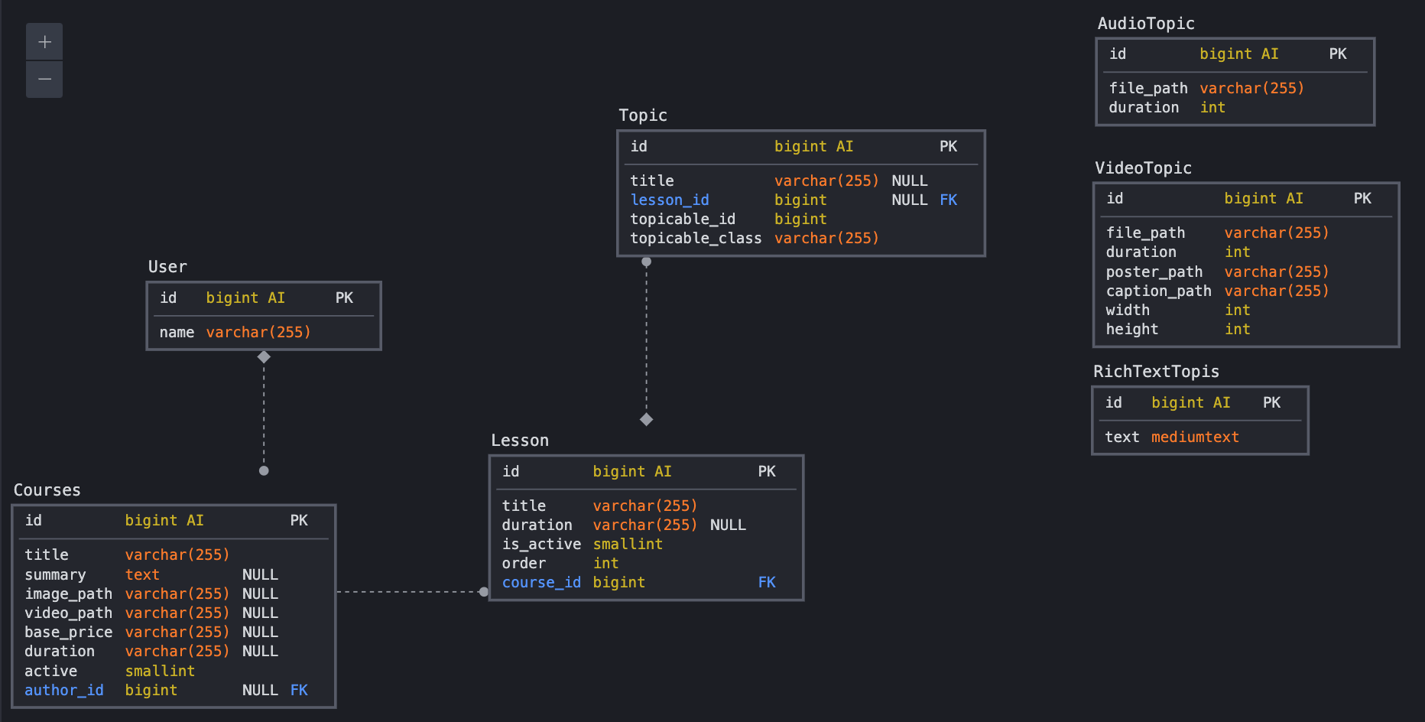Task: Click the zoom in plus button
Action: (44, 41)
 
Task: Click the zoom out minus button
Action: (44, 79)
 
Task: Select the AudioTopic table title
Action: (1145, 24)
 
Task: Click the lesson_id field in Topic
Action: (669, 200)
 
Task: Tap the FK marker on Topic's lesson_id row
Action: (948, 200)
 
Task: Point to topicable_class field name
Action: (695, 238)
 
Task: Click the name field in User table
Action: (177, 332)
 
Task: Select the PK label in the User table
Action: (344, 298)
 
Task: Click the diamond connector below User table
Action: (264, 357)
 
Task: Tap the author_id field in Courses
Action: (63, 690)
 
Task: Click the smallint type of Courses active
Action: (160, 671)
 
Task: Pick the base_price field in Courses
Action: (68, 632)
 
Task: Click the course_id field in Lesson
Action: (540, 582)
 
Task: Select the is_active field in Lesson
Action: (540, 544)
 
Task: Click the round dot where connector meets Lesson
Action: (483, 591)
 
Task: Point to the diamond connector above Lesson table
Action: (646, 419)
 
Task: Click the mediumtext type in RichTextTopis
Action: (1194, 437)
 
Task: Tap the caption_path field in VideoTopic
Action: (1158, 291)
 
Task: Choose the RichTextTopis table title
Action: (1156, 372)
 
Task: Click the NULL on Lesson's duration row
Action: (727, 525)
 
